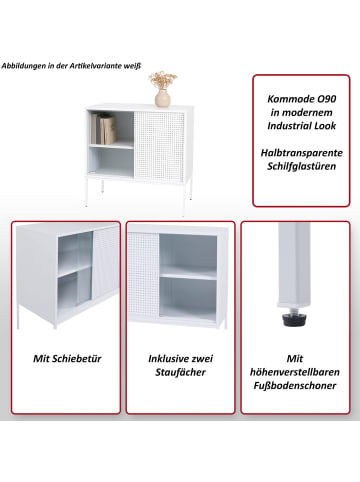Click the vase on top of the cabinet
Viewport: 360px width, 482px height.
coord(163,98)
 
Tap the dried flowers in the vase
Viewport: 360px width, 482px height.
coord(163,80)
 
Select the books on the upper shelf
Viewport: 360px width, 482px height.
coord(104,129)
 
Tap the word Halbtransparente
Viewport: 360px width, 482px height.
coord(302,153)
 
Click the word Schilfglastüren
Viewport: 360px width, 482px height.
coord(301,166)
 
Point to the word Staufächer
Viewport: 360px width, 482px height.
coord(180,372)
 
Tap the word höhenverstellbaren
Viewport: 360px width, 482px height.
coord(295,372)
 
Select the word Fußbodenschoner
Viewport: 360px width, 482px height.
coord(295,386)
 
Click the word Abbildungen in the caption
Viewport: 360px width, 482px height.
coord(23,66)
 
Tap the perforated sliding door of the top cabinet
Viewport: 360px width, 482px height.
coord(159,147)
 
